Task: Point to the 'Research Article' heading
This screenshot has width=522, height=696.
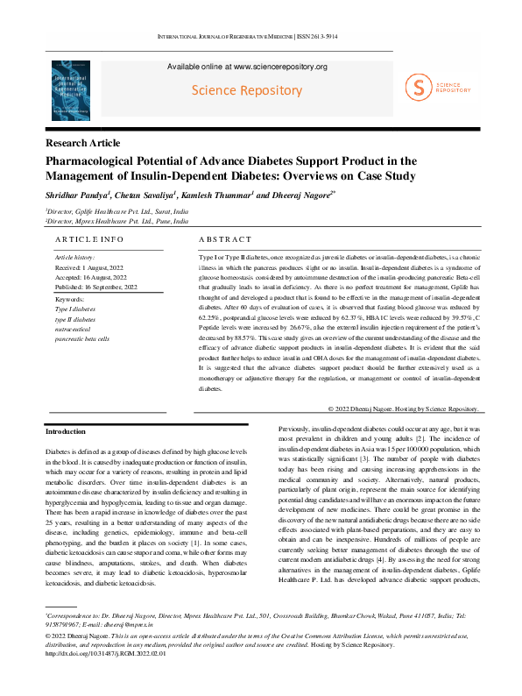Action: pos(83,143)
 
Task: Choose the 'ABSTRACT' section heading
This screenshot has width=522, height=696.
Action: pos(225,239)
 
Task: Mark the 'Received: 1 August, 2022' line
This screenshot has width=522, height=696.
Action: pos(89,266)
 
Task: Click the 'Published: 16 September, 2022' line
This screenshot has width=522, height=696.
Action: pos(96,287)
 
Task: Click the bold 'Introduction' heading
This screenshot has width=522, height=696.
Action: pos(65,431)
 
